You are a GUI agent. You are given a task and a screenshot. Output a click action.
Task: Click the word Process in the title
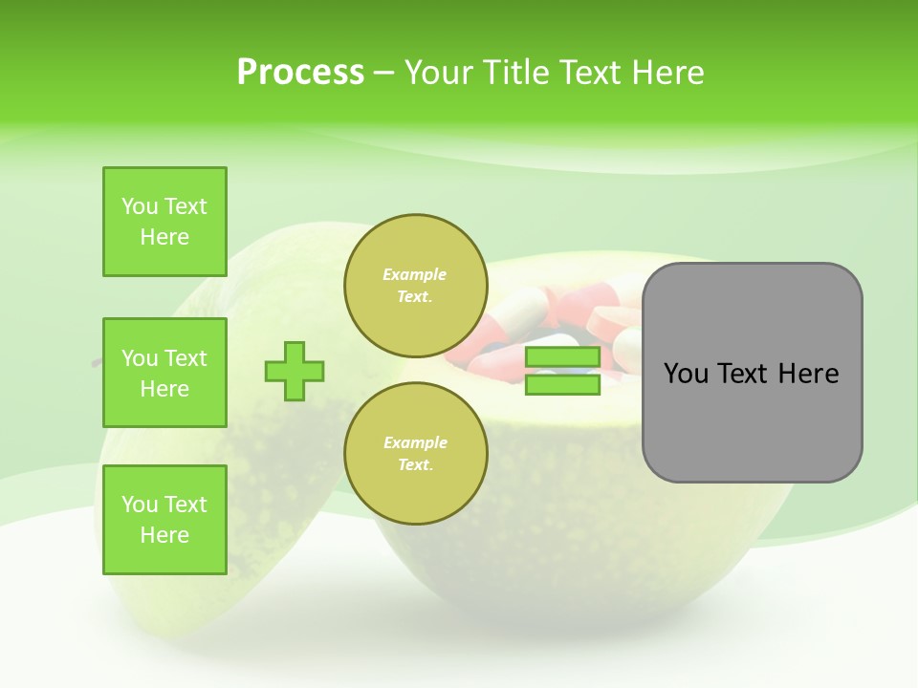pos(300,73)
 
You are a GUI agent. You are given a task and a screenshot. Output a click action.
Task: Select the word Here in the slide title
pos(667,73)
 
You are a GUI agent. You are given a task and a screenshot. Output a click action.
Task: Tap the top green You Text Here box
pos(164,222)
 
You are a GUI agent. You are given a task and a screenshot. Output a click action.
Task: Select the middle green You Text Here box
pos(164,373)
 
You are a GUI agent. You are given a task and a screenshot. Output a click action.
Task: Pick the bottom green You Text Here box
pos(164,520)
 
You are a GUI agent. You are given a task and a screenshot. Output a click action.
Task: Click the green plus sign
pos(295,371)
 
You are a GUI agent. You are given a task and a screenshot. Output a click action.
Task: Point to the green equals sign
pos(562,371)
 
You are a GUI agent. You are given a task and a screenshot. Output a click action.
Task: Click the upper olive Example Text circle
pos(415,285)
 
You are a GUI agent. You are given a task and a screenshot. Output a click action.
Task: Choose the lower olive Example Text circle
pos(415,453)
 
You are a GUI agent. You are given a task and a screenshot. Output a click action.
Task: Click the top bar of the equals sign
pos(562,357)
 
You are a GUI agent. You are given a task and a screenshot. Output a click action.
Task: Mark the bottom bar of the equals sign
pos(562,384)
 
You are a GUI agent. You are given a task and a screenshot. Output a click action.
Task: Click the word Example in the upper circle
pos(415,274)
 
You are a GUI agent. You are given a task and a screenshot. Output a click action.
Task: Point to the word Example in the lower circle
pos(415,442)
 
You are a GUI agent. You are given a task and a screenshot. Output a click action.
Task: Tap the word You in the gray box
pos(687,374)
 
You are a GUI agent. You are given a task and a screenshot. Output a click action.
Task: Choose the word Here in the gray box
pos(809,374)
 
